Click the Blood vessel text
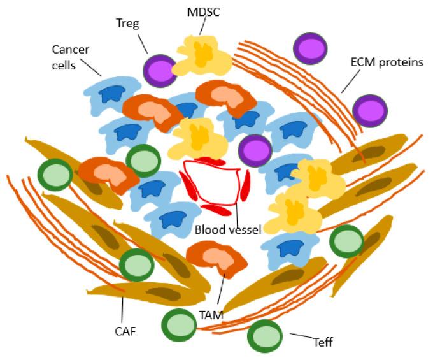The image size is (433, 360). coord(228,229)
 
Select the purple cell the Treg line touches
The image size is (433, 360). coord(159,71)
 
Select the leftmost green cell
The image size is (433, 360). coord(55,175)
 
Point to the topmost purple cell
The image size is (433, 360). coord(310,48)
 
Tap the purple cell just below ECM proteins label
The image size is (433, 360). coord(369,110)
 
